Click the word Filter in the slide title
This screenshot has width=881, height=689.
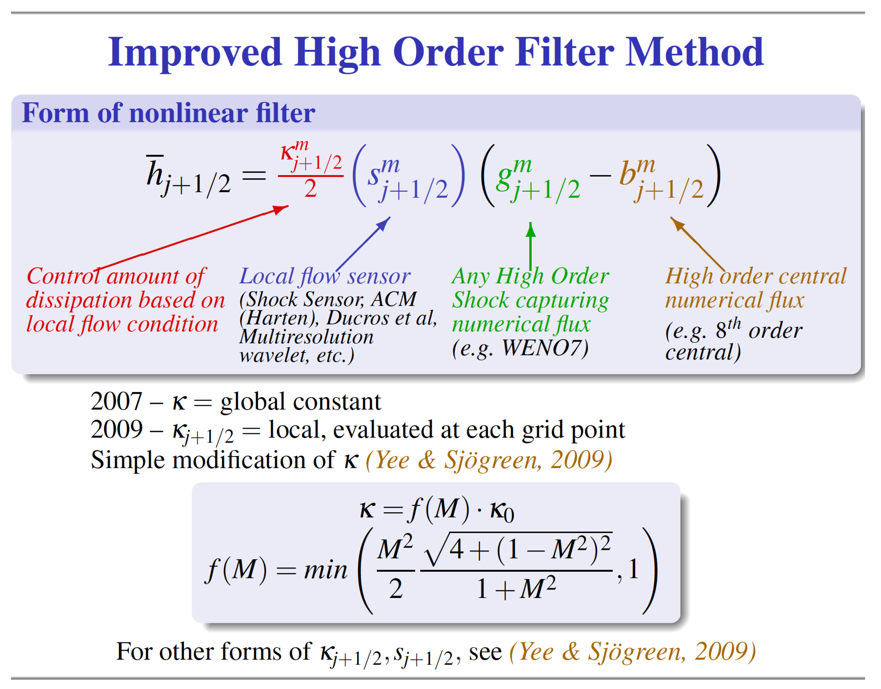(564, 52)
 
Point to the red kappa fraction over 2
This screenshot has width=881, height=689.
(310, 172)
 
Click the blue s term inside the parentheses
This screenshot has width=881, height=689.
(407, 178)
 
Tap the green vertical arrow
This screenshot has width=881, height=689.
(530, 246)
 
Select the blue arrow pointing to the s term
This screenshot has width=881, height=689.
(363, 244)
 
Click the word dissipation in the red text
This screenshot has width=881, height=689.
(79, 300)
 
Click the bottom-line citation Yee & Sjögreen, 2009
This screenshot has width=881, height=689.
(632, 652)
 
